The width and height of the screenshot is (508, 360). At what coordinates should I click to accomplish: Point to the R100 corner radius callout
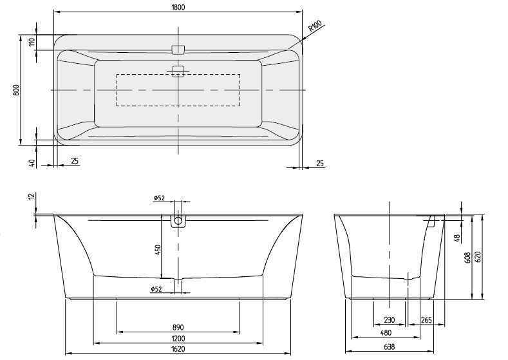point(314,26)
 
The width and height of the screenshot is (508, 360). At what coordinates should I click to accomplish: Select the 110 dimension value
point(31,43)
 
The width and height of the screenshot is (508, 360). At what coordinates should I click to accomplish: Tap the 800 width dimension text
point(15,90)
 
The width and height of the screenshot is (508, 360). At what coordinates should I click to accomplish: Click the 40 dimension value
point(31,163)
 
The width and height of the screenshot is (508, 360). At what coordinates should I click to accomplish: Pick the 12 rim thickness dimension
point(30,197)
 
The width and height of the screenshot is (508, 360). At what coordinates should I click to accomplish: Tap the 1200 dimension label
point(178,339)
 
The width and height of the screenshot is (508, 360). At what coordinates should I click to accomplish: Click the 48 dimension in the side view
point(456,237)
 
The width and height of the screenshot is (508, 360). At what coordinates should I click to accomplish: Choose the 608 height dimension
point(467,258)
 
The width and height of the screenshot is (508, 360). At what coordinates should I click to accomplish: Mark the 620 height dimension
point(478,256)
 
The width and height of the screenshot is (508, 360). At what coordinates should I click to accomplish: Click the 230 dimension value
point(390,320)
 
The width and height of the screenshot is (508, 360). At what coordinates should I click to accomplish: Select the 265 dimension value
point(426,320)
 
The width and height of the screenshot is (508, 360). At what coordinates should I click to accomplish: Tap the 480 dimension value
point(385,333)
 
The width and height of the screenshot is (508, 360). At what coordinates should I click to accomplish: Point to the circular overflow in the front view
point(178,221)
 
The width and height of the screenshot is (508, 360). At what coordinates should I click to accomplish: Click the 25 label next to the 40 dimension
point(75,161)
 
